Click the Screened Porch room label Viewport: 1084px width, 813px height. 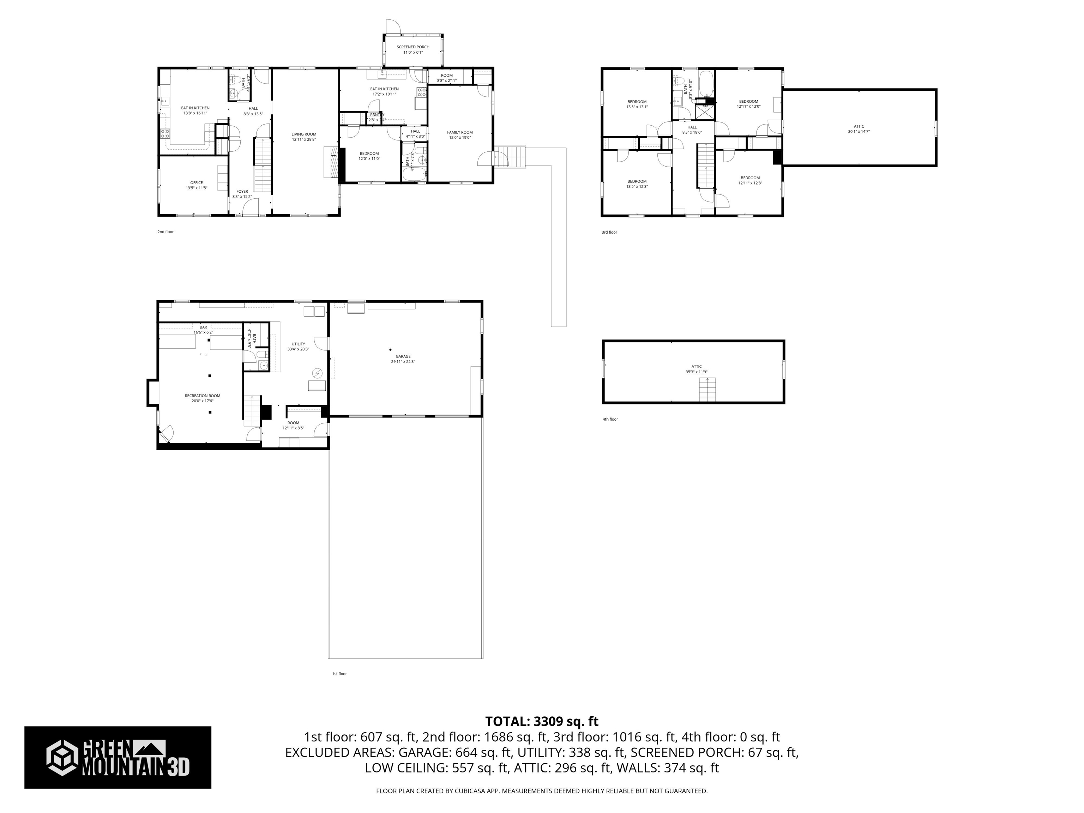point(412,47)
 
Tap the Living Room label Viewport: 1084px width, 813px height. point(304,134)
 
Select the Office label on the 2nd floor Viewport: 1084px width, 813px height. point(196,183)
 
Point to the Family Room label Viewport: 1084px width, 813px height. point(460,132)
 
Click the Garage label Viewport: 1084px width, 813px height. point(403,356)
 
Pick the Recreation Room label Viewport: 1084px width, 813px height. point(203,396)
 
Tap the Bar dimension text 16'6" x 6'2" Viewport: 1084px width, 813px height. point(203,332)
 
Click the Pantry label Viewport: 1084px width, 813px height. point(377,115)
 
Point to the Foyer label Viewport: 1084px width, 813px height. point(242,192)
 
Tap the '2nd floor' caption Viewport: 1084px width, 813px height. point(165,232)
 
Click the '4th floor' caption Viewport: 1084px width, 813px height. point(610,419)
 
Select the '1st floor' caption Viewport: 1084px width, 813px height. point(339,674)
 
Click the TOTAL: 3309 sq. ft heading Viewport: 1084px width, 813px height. point(542,721)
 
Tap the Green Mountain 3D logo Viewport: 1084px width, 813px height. point(118,757)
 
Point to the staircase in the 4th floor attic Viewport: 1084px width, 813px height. point(707,390)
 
